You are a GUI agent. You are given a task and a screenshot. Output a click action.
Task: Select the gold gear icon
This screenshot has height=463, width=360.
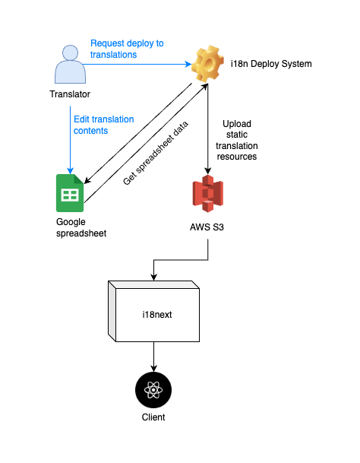(x=207, y=65)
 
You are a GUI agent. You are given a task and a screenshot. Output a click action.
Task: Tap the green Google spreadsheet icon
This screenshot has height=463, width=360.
(x=70, y=194)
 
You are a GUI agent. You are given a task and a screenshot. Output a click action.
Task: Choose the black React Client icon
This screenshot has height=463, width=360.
(x=154, y=391)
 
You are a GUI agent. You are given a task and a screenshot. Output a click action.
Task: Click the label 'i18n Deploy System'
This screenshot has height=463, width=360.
(x=271, y=64)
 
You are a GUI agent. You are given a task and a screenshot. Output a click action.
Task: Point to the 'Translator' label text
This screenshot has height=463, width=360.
(x=70, y=95)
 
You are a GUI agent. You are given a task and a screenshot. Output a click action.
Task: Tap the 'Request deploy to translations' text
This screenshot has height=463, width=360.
(x=127, y=49)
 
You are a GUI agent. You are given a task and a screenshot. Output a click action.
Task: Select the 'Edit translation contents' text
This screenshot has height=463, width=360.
(x=103, y=125)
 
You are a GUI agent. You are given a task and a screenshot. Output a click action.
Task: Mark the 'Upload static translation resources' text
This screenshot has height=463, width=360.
(x=239, y=139)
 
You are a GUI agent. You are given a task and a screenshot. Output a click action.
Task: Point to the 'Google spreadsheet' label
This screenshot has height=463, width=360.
(x=81, y=227)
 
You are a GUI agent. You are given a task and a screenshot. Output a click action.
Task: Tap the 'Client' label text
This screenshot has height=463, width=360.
(x=154, y=417)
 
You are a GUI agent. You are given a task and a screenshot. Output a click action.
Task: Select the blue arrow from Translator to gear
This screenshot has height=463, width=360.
(x=137, y=65)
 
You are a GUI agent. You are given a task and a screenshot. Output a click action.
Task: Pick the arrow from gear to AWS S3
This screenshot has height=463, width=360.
(x=207, y=129)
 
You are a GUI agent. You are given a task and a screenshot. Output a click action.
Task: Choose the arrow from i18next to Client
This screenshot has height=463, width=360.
(x=154, y=357)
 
